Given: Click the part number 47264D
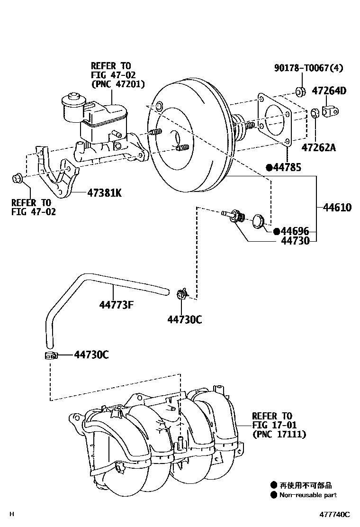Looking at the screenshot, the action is (329, 91).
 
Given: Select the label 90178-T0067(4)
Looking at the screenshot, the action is (309, 68).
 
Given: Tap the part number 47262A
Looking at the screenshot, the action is (318, 147).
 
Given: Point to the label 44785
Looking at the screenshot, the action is (287, 167).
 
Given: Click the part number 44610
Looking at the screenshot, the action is (337, 208).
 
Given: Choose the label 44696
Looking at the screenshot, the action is (295, 231).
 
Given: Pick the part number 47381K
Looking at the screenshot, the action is (104, 193).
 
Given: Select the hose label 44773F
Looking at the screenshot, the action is (116, 305).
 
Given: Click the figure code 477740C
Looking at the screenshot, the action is (334, 515).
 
